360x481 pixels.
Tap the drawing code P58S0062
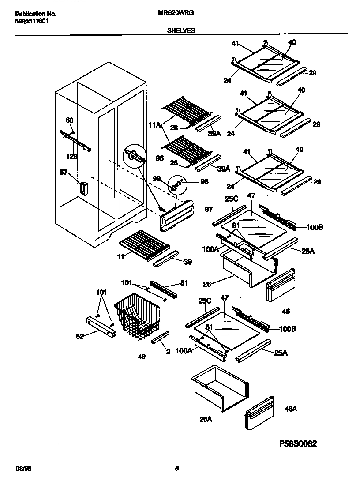click(x=298, y=443)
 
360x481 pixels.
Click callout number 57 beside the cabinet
click(x=64, y=173)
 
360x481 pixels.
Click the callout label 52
click(x=79, y=337)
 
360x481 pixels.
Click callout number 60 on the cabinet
click(x=69, y=120)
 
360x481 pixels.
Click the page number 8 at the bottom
click(x=176, y=468)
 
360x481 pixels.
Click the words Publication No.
click(x=33, y=14)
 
